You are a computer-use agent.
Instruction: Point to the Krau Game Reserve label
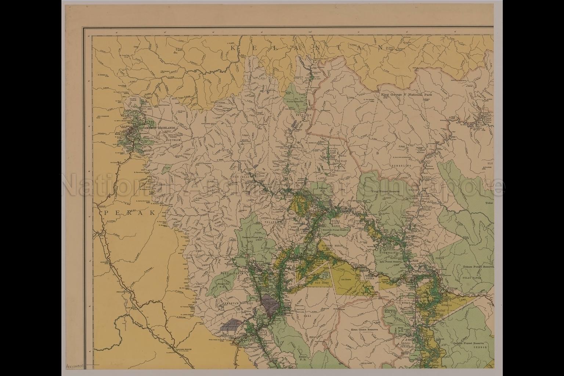pos(364,330)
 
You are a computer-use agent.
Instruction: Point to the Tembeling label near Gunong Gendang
pos(399,166)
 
